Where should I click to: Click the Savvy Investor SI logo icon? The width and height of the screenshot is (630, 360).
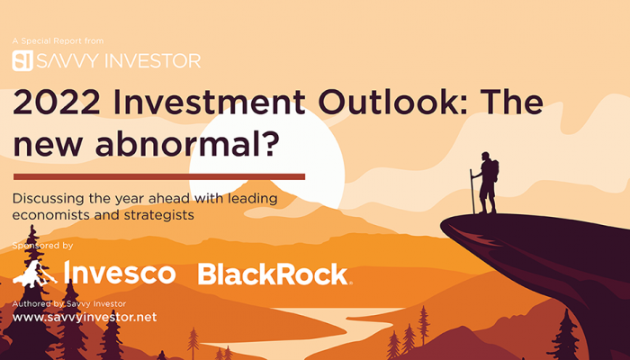pyautogui.click(x=22, y=60)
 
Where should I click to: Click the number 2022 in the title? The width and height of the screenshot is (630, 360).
pyautogui.click(x=56, y=102)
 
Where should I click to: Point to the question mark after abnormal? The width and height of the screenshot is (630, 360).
pyautogui.click(x=270, y=143)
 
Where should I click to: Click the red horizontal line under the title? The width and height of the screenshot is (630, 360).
pyautogui.click(x=159, y=176)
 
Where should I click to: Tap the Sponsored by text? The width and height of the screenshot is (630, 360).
pyautogui.click(x=42, y=246)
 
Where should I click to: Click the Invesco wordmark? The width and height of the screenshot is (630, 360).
pyautogui.click(x=120, y=273)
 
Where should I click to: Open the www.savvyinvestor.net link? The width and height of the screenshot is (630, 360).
pyautogui.click(x=85, y=317)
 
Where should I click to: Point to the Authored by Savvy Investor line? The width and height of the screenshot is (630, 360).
pyautogui.click(x=69, y=304)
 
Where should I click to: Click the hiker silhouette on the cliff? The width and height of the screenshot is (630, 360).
pyautogui.click(x=484, y=183)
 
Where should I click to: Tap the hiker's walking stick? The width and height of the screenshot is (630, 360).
pyautogui.click(x=472, y=192)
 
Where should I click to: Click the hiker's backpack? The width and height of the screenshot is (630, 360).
pyautogui.click(x=495, y=170)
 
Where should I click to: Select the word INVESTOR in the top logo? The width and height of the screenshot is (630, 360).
pyautogui.click(x=153, y=61)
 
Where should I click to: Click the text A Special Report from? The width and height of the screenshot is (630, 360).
pyautogui.click(x=58, y=41)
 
